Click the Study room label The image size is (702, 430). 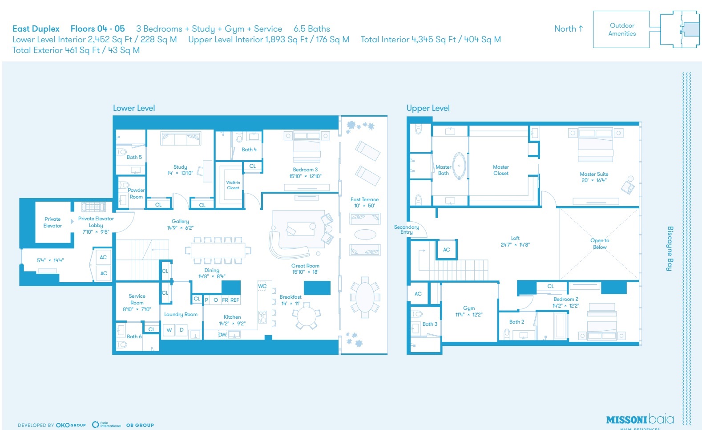180,167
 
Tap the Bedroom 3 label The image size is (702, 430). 305,170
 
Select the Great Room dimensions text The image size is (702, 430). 305,272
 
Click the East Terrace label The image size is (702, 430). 364,199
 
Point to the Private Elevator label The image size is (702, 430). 52,222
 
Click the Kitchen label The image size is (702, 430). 232,317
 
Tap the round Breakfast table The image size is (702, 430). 306,317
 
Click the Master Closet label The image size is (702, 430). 500,170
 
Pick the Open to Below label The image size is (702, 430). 600,243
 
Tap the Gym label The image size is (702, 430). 469,308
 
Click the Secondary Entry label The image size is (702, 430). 406,229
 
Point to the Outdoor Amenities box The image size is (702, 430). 621,29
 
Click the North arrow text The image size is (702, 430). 568,29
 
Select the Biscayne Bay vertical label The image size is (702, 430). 670,248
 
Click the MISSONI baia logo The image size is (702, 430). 640,419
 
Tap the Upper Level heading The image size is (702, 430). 428,108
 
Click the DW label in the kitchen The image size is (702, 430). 222,335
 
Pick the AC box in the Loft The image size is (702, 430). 446,250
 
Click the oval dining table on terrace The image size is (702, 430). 365,297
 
